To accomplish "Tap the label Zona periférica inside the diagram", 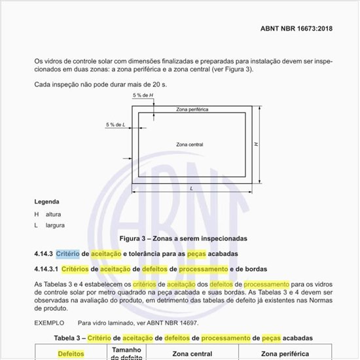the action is click(x=192, y=109).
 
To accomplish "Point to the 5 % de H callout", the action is click(x=143, y=96).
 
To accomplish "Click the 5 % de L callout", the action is click(x=116, y=124).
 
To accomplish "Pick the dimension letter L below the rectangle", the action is click(x=190, y=188).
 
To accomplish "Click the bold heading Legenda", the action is click(x=47, y=202).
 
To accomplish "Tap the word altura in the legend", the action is click(x=54, y=214).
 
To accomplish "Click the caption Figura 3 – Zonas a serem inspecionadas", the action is click(x=183, y=238).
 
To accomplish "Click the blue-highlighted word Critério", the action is click(x=67, y=253).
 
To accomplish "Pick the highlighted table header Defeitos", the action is click(x=71, y=354).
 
